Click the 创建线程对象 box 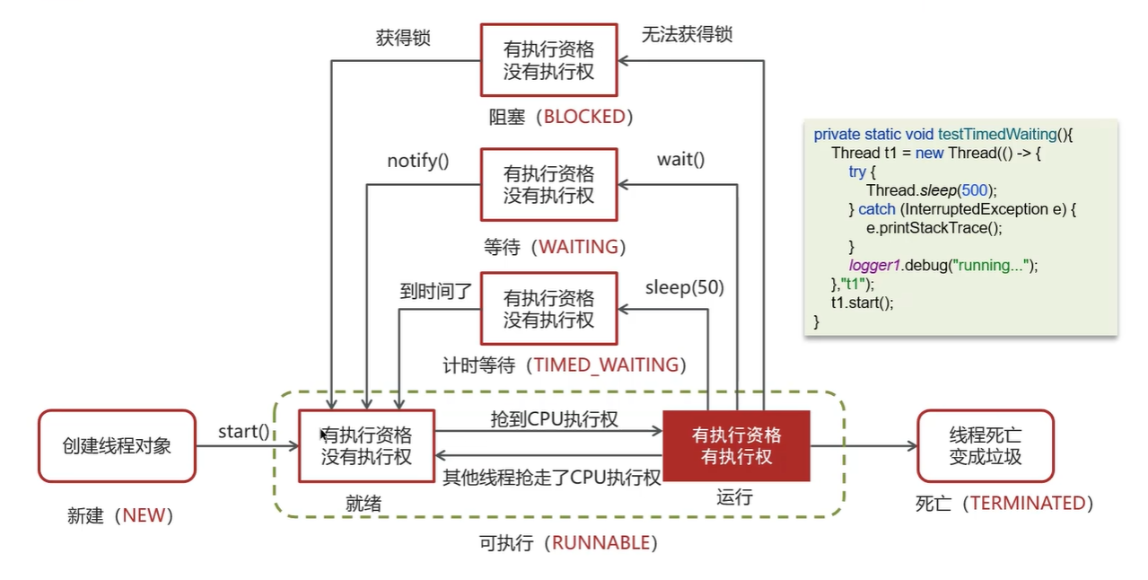pos(117,446)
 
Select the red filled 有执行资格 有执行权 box pos(736,446)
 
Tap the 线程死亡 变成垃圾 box pos(985,446)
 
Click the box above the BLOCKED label pos(548,60)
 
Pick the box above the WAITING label pos(548,185)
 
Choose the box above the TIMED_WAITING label pos(548,309)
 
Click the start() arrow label pos(243,432)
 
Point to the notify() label pos(418,161)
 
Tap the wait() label pos(681,160)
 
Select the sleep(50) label pos(685,288)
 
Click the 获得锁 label pos(402,38)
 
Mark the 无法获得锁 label pos(687,35)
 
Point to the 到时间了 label pos(435,292)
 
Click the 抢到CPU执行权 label pos(554,418)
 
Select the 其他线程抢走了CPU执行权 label pos(552,478)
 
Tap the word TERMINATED pos(1028,503)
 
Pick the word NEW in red pos(144,515)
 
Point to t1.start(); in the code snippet pos(862,303)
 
